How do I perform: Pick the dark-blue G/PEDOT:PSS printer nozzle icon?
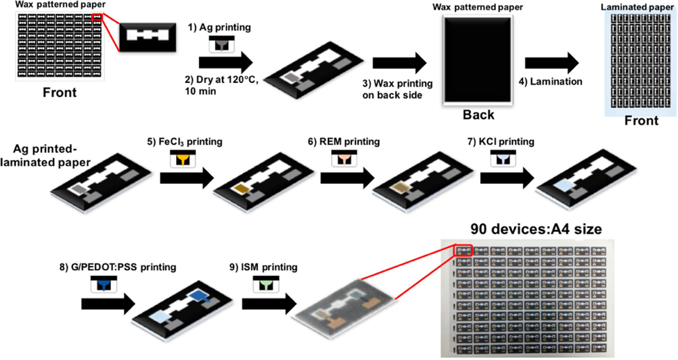tap(104, 284)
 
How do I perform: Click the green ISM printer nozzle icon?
tap(266, 284)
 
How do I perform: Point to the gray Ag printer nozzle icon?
tap(221, 44)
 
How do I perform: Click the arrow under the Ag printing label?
tap(225, 63)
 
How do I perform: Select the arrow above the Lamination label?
tap(551, 63)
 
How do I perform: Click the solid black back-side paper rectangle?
tap(478, 59)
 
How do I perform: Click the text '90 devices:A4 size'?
tap(536, 229)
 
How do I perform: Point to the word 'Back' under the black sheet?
tap(478, 115)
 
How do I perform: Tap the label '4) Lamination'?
tap(550, 82)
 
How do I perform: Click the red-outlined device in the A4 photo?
tap(464, 250)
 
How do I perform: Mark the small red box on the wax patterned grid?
tap(97, 17)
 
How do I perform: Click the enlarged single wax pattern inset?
tap(148, 37)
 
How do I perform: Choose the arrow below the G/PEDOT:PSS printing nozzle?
tap(108, 304)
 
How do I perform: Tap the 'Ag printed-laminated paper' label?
tap(45, 156)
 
